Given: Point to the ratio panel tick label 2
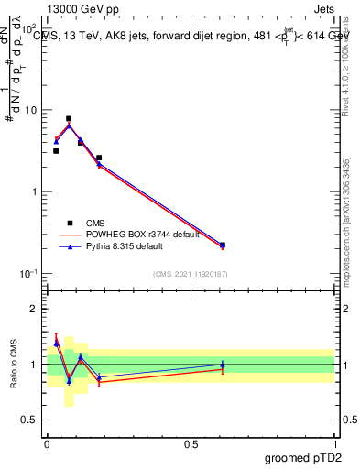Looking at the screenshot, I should [x=35, y=309].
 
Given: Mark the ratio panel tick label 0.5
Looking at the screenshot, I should [x=30, y=420].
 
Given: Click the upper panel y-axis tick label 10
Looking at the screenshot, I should [x=31, y=111].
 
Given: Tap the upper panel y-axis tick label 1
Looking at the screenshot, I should [x=35, y=192].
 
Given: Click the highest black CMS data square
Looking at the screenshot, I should [x=69, y=119].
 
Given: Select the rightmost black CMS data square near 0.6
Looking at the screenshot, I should [x=223, y=245].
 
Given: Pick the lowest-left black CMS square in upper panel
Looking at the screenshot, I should [x=56, y=151].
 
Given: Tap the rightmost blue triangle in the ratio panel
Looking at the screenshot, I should [x=223, y=365].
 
